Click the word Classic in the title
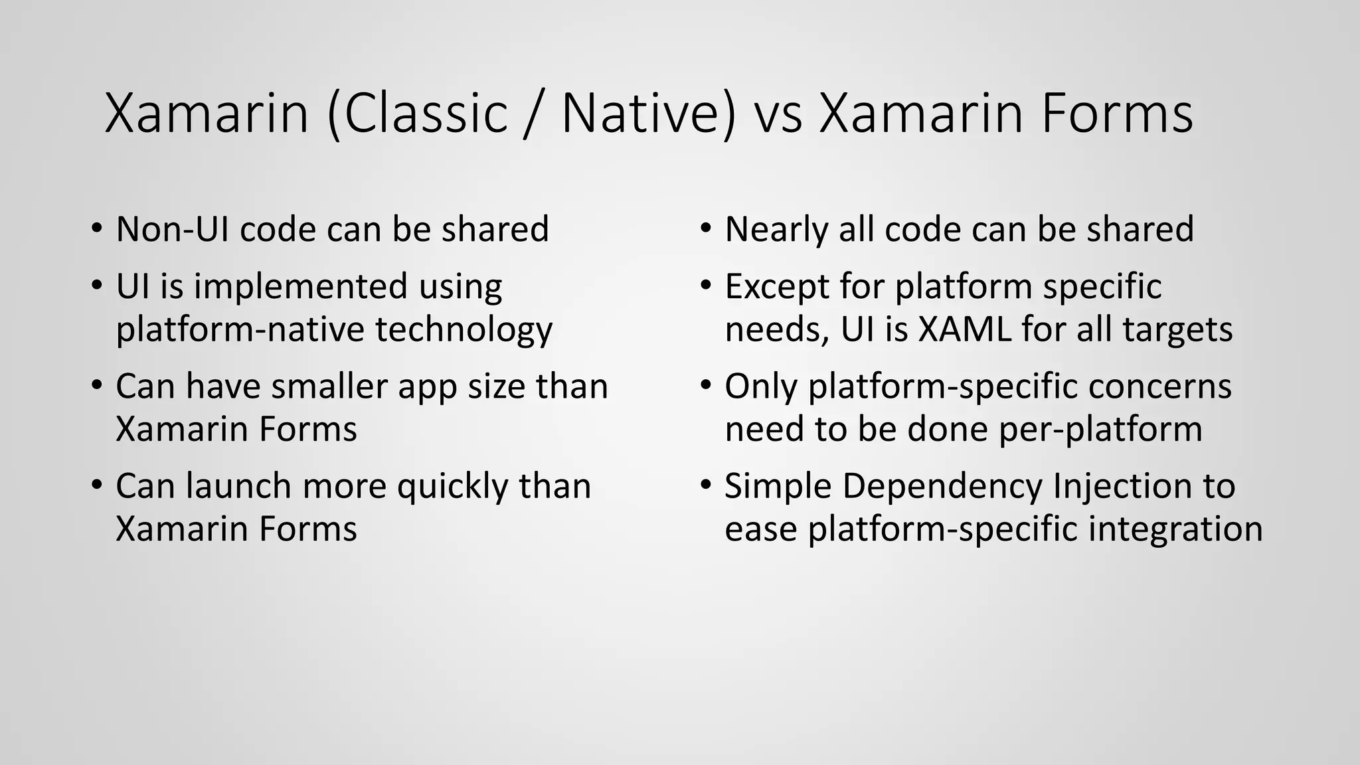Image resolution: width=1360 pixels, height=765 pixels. [425, 114]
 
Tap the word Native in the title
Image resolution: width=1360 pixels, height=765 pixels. [647, 114]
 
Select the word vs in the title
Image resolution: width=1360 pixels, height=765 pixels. [778, 114]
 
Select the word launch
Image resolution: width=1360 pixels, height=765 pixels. [238, 486]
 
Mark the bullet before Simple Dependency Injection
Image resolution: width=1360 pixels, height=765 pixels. [706, 484]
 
